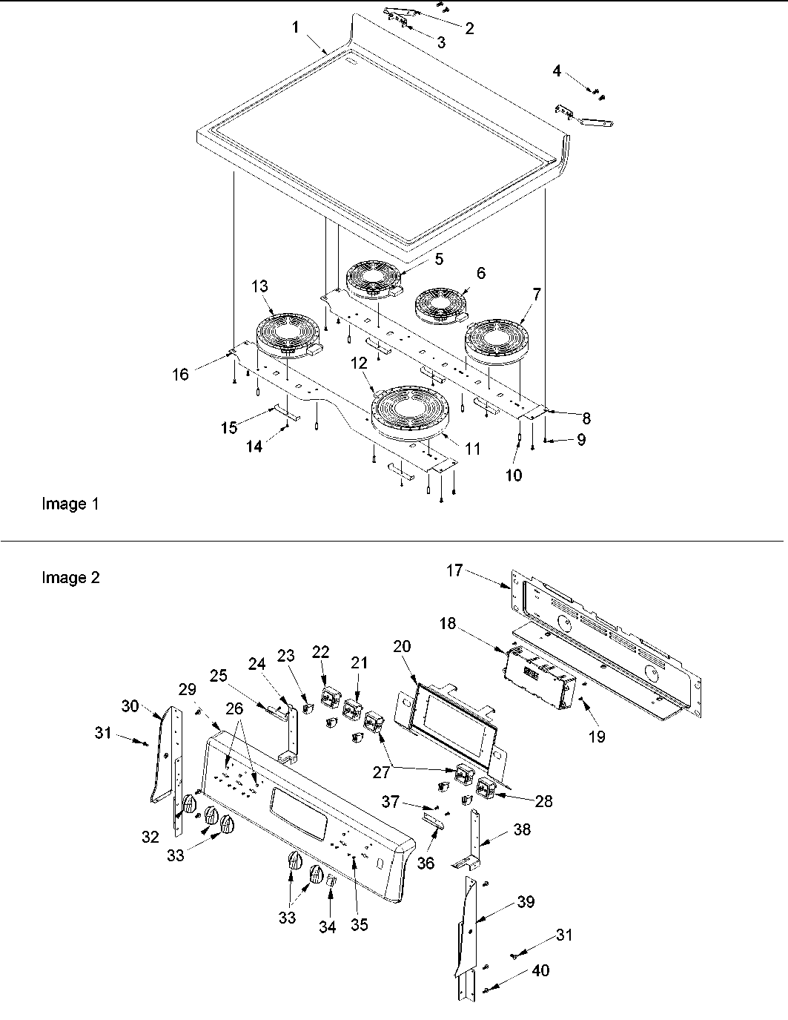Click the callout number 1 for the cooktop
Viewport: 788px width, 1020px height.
[295, 27]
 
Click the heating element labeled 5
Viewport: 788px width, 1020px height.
[374, 278]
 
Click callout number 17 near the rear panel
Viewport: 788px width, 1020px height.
[454, 570]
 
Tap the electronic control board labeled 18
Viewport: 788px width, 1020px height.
[540, 675]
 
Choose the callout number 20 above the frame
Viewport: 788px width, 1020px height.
[401, 646]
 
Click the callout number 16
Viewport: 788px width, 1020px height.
[180, 375]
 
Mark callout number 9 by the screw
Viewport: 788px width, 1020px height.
[580, 440]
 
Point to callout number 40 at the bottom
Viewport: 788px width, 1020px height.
[541, 971]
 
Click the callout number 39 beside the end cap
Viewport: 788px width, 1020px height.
[526, 902]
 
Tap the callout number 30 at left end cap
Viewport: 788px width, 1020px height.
[130, 706]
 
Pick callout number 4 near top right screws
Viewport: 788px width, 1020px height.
[557, 71]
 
